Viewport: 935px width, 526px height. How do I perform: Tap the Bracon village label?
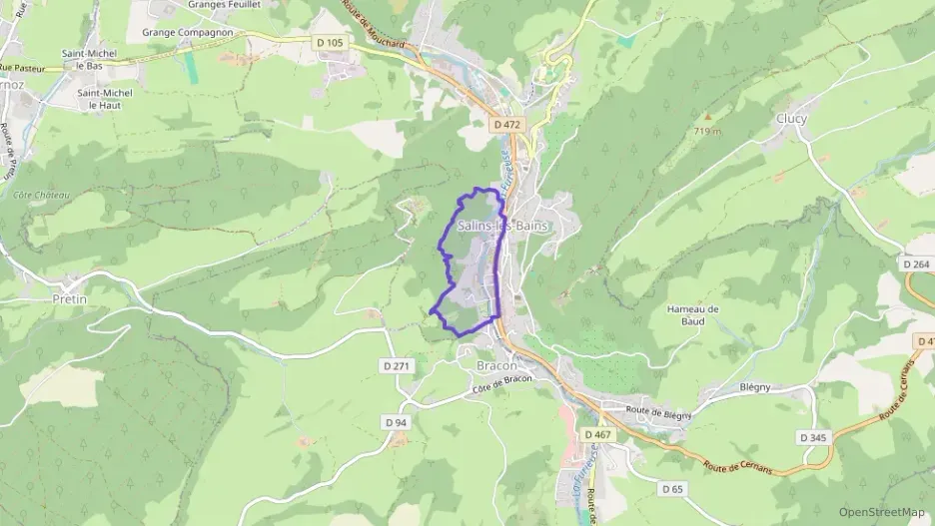(495, 365)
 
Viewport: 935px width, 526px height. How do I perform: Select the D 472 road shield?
(507, 125)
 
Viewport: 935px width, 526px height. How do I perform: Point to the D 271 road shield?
(396, 366)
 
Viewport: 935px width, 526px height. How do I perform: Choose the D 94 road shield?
(396, 422)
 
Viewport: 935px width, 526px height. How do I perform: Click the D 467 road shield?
(596, 434)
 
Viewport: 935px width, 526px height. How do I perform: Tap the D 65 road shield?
(671, 488)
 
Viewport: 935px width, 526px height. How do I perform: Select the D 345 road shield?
(814, 437)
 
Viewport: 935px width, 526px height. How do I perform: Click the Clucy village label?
(791, 119)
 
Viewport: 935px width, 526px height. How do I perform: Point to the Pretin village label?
(70, 298)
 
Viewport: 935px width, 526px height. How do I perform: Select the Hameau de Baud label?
(692, 315)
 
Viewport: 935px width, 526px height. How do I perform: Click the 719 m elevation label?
(705, 131)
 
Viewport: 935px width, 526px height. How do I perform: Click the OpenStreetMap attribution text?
(882, 512)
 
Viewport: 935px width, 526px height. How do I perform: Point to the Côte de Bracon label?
(501, 382)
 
